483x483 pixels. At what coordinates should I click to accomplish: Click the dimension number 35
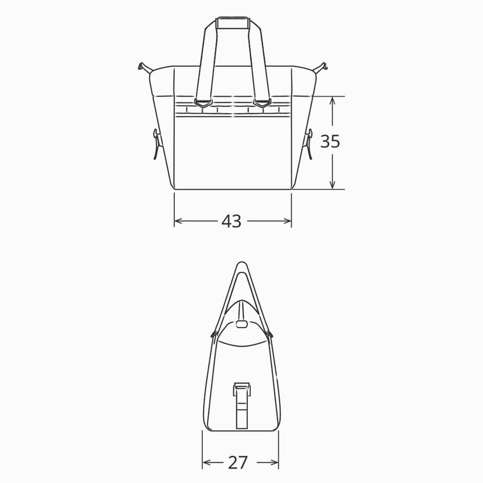[x=330, y=142]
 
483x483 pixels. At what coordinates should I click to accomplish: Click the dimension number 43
[x=231, y=221]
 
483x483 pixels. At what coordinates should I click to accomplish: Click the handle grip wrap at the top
[x=233, y=23]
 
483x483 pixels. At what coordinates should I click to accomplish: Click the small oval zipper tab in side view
[x=241, y=324]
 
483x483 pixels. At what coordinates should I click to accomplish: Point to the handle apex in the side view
[x=241, y=266]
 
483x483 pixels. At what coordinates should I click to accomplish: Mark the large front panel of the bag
[x=233, y=153]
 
